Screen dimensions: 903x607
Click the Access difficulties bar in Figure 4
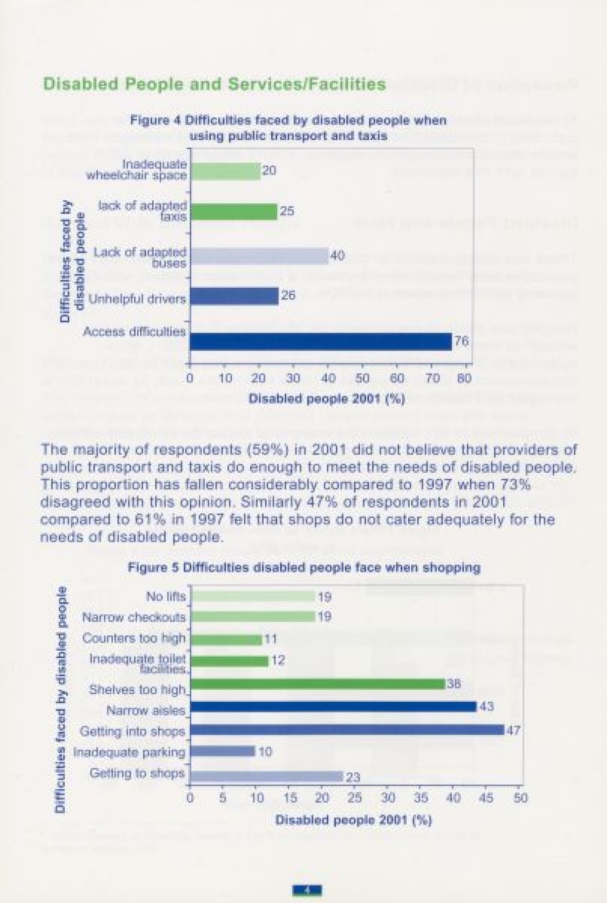click(320, 342)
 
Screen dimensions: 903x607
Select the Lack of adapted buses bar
click(258, 256)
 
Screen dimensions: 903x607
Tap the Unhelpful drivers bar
click(234, 296)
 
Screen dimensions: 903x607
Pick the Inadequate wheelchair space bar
click(225, 171)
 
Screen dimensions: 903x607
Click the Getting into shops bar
click(347, 730)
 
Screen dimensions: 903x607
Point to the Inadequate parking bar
click(222, 752)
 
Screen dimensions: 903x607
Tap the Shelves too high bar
click(317, 684)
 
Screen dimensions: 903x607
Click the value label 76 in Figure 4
click(461, 342)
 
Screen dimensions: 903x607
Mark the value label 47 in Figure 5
click(513, 730)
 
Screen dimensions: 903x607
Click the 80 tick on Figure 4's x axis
click(464, 378)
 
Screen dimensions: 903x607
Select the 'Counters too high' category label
click(134, 639)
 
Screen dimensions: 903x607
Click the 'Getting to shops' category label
click(137, 774)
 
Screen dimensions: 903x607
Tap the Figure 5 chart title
click(304, 567)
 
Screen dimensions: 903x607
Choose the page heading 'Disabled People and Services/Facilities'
click(214, 84)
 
